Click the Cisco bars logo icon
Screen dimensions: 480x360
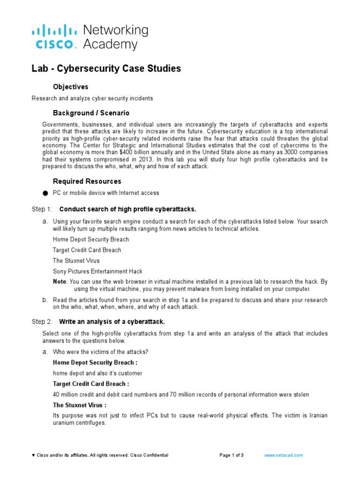pyautogui.click(x=54, y=32)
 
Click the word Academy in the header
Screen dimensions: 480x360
pyautogui.click(x=110, y=45)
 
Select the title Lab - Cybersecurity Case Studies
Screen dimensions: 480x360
pyautogui.click(x=106, y=68)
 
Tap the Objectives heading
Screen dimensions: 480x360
pyautogui.click(x=70, y=87)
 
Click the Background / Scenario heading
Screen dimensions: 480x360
pyautogui.click(x=91, y=113)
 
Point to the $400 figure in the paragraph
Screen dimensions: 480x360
pyautogui.click(x=178, y=152)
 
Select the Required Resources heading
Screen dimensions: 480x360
pyautogui.click(x=87, y=181)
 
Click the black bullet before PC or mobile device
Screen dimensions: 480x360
pyautogui.click(x=45, y=193)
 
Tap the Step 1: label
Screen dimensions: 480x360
pyautogui.click(x=42, y=209)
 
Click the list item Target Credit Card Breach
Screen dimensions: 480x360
pyautogui.click(x=87, y=250)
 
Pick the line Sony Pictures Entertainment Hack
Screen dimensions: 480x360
pyautogui.click(x=97, y=271)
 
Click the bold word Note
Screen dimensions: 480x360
pyautogui.click(x=59, y=282)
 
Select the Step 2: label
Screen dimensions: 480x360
pyautogui.click(x=42, y=322)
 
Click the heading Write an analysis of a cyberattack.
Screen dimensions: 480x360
pyautogui.click(x=112, y=322)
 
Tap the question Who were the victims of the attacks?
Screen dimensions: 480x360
pyautogui.click(x=101, y=352)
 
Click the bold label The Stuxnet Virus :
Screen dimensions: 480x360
pyautogui.click(x=79, y=405)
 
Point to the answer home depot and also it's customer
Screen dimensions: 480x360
pyautogui.click(x=97, y=373)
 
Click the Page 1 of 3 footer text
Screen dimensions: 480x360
pyautogui.click(x=232, y=455)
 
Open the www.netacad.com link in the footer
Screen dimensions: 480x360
pyautogui.click(x=284, y=455)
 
